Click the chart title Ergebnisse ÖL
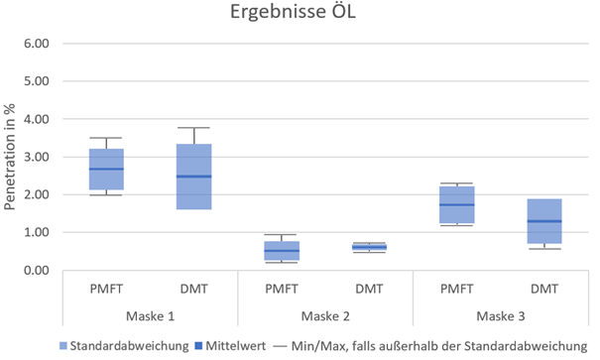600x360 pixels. pyautogui.click(x=299, y=16)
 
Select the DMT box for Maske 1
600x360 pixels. pyautogui.click(x=193, y=177)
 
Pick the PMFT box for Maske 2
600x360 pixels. pyautogui.click(x=281, y=251)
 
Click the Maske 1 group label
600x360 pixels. pyautogui.click(x=150, y=314)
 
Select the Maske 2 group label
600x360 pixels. pyautogui.click(x=324, y=314)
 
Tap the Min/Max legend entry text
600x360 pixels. pyautogui.click(x=437, y=346)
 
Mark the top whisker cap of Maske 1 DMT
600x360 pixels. pyautogui.click(x=193, y=128)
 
